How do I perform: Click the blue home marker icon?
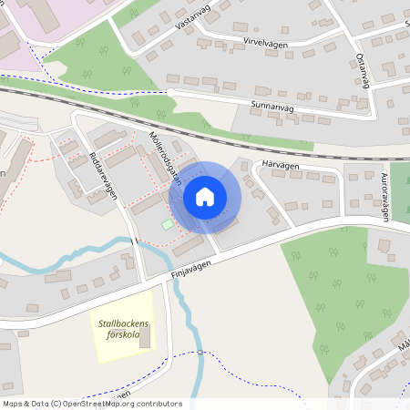pyautogui.click(x=205, y=196)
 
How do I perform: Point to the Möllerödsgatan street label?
pyautogui.click(x=164, y=159)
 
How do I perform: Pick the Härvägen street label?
pyautogui.click(x=280, y=164)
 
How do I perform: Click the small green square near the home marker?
pyautogui.click(x=167, y=224)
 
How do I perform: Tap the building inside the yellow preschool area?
pyautogui.click(x=145, y=337)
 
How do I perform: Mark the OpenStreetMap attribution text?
pyautogui.click(x=92, y=404)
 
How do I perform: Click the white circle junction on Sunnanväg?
pyautogui.click(x=170, y=92)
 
